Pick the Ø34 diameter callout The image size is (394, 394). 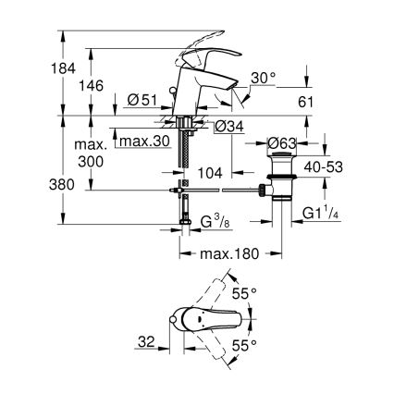pos(228,127)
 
